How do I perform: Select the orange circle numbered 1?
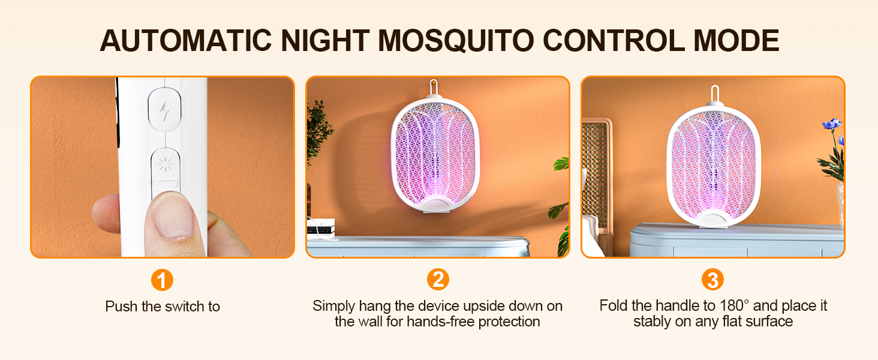(x=162, y=280)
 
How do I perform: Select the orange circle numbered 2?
(x=438, y=280)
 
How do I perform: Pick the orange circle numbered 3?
(x=712, y=280)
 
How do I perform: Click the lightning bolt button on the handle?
(x=164, y=109)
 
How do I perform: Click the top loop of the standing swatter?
(x=714, y=94)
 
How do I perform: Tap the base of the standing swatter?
(x=714, y=220)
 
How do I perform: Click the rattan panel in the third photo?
(x=595, y=174)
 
